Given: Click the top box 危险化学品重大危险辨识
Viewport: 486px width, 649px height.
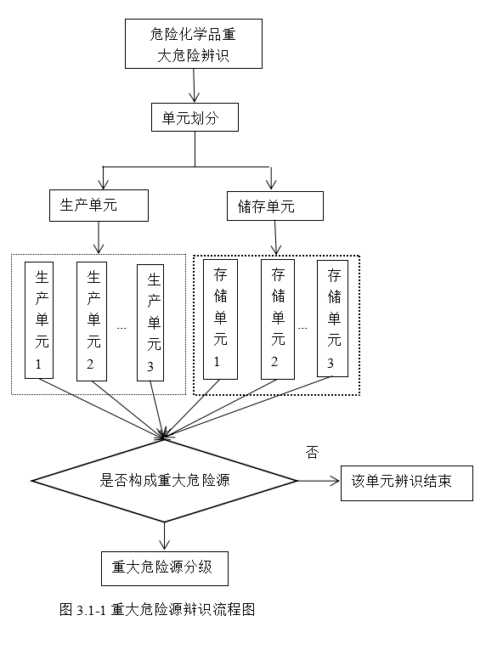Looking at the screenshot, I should coord(194,44).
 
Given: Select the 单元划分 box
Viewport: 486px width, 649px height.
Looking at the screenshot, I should coord(195,119).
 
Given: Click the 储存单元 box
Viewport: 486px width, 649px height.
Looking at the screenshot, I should coord(275,206).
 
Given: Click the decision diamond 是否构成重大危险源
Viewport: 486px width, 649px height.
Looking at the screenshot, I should coord(165,481).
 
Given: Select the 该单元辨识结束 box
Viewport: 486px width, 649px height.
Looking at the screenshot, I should coord(405,483).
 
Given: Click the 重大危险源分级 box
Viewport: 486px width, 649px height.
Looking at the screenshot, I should coord(164,567).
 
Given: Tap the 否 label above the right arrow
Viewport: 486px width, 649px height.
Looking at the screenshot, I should coord(312,453).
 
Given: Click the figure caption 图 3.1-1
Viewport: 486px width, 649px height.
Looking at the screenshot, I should coord(157,609).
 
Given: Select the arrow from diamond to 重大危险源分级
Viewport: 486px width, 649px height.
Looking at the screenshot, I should coord(164,536).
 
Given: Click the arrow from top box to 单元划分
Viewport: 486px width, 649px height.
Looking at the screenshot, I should coord(195,85).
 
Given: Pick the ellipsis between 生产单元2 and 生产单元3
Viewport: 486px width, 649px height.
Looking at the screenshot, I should coord(122,327).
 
